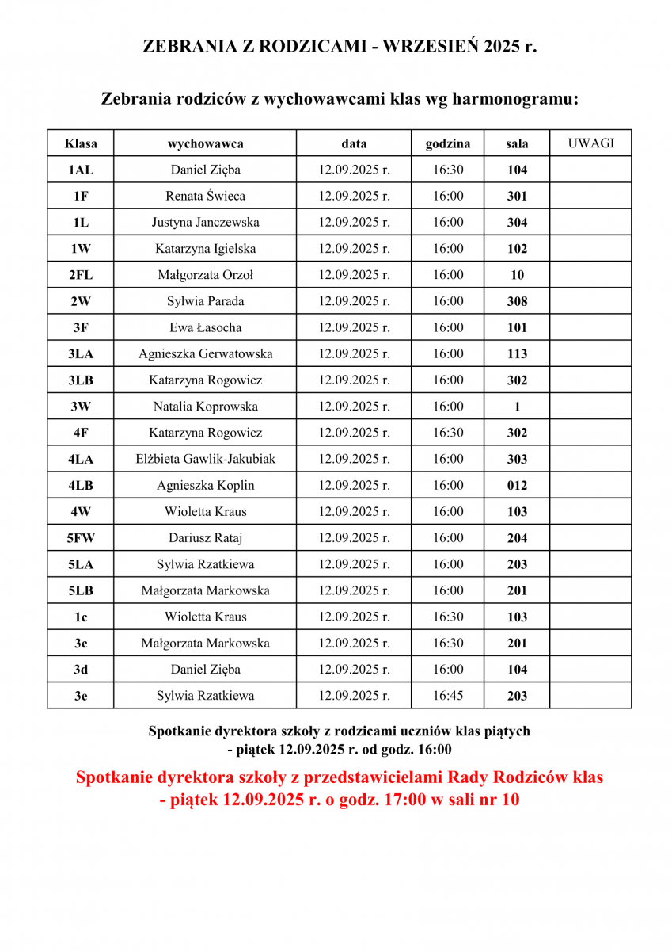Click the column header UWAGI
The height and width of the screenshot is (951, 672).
tap(590, 143)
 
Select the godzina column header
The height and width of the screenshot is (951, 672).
tap(448, 143)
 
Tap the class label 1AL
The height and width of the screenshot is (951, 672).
tap(80, 170)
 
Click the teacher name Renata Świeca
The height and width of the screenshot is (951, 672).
tap(205, 196)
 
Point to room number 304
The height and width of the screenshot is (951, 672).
tap(517, 223)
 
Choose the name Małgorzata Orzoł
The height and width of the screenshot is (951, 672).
tap(205, 275)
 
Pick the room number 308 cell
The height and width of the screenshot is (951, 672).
tap(517, 301)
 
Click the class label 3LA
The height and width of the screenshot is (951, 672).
tap(80, 354)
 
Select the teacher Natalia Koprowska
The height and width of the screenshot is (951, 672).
tap(205, 407)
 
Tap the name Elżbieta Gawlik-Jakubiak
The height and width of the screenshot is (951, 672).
tap(205, 459)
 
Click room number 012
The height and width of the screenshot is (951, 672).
tap(517, 486)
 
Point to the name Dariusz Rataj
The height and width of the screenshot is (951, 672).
tap(205, 538)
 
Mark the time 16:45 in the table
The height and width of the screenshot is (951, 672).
tap(448, 696)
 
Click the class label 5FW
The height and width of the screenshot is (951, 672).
tap(80, 538)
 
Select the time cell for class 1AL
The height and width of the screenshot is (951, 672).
tap(448, 170)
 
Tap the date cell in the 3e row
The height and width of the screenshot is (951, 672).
tap(354, 696)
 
